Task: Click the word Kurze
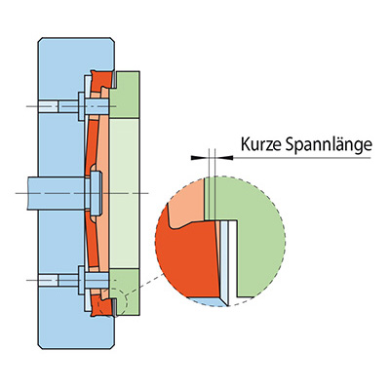click(261, 144)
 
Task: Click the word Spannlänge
click(329, 145)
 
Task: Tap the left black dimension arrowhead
click(199, 158)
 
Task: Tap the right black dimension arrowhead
click(224, 158)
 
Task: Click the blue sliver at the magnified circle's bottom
click(207, 301)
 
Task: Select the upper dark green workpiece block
click(125, 95)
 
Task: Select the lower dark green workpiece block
click(125, 292)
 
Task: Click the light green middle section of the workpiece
click(125, 193)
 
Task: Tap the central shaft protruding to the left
click(56, 193)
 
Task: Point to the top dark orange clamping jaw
click(100, 81)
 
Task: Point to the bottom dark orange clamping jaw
click(100, 306)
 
